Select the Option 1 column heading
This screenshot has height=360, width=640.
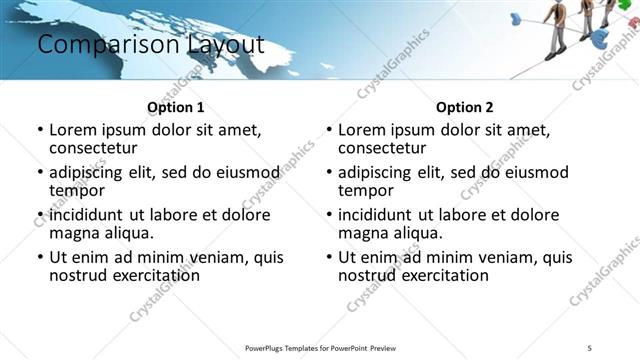pos(175,107)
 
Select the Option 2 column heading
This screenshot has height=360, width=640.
pos(465,107)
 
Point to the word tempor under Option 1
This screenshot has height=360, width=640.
pos(76,190)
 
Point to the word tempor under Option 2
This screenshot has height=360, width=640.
pos(365,190)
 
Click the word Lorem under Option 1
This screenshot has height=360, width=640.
pos(74,130)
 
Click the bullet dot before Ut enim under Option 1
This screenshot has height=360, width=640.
pos(39,258)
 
